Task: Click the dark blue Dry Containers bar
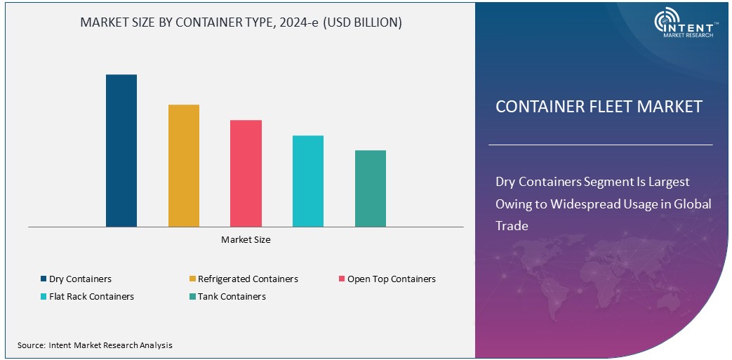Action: point(121,150)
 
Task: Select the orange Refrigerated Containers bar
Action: point(184,166)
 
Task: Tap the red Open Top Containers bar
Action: point(246,173)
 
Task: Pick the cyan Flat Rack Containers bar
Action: point(308,181)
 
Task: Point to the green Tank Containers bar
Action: point(371,188)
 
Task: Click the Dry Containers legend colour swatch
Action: point(44,279)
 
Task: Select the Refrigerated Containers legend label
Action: point(248,279)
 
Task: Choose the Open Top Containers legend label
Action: point(391,279)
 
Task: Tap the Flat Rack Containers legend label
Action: point(91,297)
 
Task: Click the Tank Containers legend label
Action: point(232,297)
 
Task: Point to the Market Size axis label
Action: point(246,240)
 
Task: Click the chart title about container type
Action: point(241,22)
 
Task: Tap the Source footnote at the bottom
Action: point(95,345)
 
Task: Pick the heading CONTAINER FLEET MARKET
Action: point(599,107)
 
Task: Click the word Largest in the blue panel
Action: point(667,182)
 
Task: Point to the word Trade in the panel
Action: point(512,226)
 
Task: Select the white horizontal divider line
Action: point(600,145)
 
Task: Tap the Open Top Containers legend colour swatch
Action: point(342,279)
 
